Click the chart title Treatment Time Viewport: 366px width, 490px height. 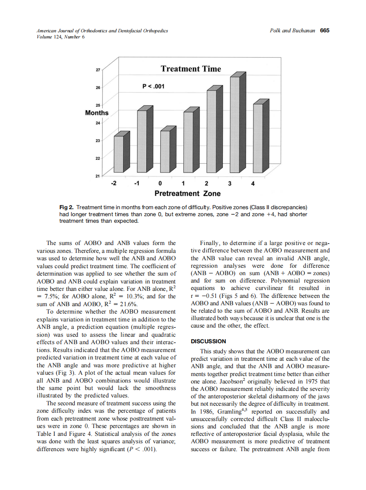coord(191,69)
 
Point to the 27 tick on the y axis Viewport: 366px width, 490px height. coord(97,70)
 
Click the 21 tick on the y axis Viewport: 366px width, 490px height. coord(97,176)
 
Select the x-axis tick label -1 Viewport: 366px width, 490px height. coord(137,184)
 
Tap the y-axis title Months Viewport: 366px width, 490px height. coord(97,113)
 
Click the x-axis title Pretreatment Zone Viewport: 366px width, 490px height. coord(187,193)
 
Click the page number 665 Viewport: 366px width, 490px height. coord(325,31)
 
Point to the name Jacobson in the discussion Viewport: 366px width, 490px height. coord(227,380)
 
